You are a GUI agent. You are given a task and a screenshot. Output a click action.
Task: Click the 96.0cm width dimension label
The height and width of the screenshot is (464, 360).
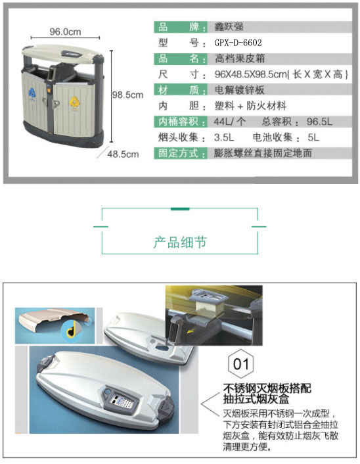(65, 32)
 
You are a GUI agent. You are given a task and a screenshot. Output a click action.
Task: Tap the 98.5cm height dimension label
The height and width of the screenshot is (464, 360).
(127, 95)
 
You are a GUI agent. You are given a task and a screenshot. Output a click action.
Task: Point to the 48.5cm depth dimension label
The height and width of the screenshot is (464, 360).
(123, 154)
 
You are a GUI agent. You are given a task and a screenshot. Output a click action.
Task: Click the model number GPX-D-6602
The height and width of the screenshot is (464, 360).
(238, 43)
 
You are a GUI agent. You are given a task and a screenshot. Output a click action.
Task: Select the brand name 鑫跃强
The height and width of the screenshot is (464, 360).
(229, 27)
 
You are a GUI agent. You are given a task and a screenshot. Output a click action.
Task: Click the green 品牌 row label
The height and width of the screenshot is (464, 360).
(181, 27)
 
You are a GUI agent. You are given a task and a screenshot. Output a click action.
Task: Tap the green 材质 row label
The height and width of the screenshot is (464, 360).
(181, 90)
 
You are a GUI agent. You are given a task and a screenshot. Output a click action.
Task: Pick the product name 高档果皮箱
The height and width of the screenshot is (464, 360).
(240, 58)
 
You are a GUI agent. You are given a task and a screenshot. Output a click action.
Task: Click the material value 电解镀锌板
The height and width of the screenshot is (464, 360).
(239, 90)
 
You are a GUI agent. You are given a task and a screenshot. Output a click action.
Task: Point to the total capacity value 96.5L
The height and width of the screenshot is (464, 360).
(319, 122)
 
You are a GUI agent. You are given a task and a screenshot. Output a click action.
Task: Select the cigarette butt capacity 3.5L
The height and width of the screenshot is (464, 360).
(224, 137)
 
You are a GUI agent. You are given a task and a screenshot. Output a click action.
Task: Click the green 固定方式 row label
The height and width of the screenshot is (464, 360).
(181, 153)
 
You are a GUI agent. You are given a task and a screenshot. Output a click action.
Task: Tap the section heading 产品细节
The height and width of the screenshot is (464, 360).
(180, 243)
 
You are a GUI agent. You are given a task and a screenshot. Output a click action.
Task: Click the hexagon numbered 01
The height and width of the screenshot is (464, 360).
(241, 363)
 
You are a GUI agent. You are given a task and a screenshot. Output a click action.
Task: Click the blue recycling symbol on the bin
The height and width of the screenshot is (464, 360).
(32, 93)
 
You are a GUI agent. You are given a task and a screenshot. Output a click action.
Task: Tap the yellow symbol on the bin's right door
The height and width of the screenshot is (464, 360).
(74, 102)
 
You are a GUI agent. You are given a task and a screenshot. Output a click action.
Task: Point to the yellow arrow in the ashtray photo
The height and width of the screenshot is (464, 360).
(192, 330)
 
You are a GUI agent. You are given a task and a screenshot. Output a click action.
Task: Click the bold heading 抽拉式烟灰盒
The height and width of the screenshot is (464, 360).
(256, 399)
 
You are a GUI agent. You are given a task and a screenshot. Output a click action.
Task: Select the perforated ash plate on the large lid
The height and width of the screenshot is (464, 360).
(122, 400)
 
